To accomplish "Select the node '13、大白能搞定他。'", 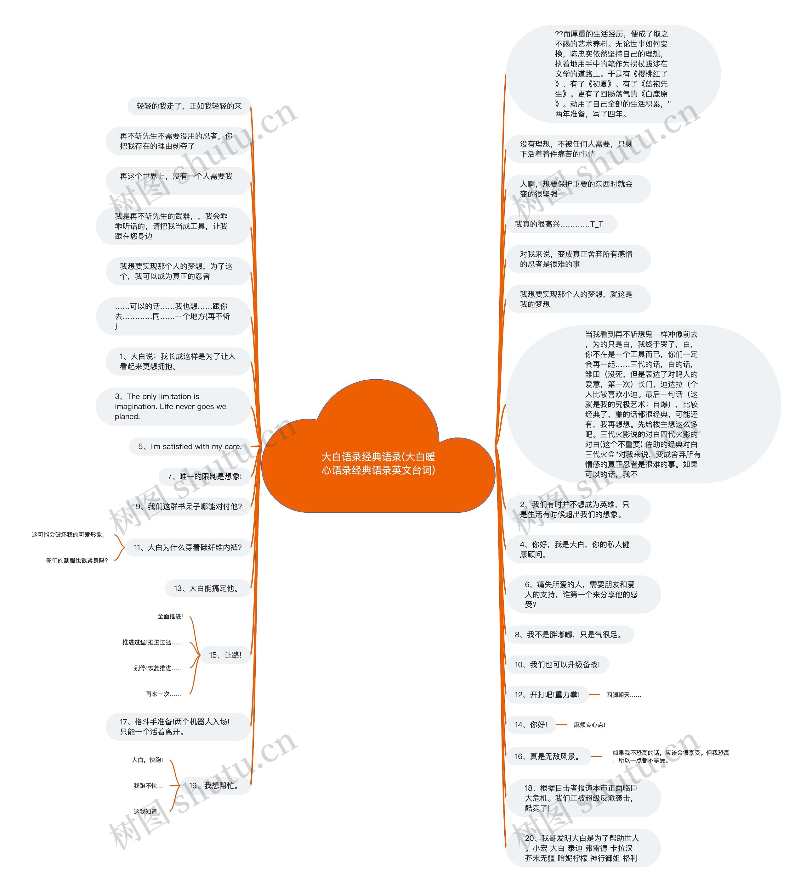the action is pos(207,588).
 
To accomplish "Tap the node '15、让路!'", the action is pos(225,655).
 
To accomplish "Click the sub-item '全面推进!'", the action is pos(170,616).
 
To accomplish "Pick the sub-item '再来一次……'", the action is pos(163,694).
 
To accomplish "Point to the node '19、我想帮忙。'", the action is pos(214,785).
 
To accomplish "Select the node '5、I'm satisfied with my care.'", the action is pos(190,446).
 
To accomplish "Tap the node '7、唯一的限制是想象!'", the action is pos(204,477).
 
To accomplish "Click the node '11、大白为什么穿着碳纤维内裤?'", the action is pos(188,547).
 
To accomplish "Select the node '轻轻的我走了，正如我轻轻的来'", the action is pos(189,106).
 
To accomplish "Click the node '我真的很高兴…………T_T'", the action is pos(559,224).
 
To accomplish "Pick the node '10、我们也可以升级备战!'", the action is pos(557,665).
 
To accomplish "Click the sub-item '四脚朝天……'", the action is pos(623,695).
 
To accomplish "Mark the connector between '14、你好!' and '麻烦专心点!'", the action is pos(562,725).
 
